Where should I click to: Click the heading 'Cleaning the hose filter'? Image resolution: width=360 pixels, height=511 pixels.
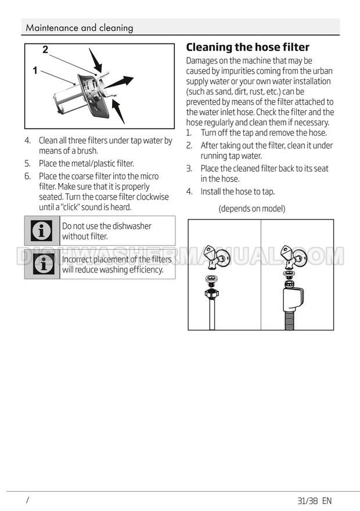(247, 47)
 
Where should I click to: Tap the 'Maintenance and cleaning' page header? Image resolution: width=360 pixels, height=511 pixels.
(80, 28)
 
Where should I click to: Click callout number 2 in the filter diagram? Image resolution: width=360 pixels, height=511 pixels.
(45, 49)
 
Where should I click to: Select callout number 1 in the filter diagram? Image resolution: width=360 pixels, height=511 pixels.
(35, 70)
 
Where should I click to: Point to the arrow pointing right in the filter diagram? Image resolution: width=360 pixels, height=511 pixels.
(119, 82)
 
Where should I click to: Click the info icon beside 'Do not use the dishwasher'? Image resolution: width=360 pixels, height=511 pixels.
(41, 231)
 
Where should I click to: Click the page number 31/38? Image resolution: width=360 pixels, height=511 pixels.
(308, 501)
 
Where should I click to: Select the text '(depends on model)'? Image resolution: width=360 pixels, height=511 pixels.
(252, 208)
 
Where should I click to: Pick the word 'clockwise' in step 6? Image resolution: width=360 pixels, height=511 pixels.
(153, 197)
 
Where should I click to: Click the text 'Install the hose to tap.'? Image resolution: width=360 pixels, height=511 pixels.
(237, 192)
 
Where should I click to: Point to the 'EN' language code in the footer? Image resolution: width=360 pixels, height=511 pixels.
(327, 501)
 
